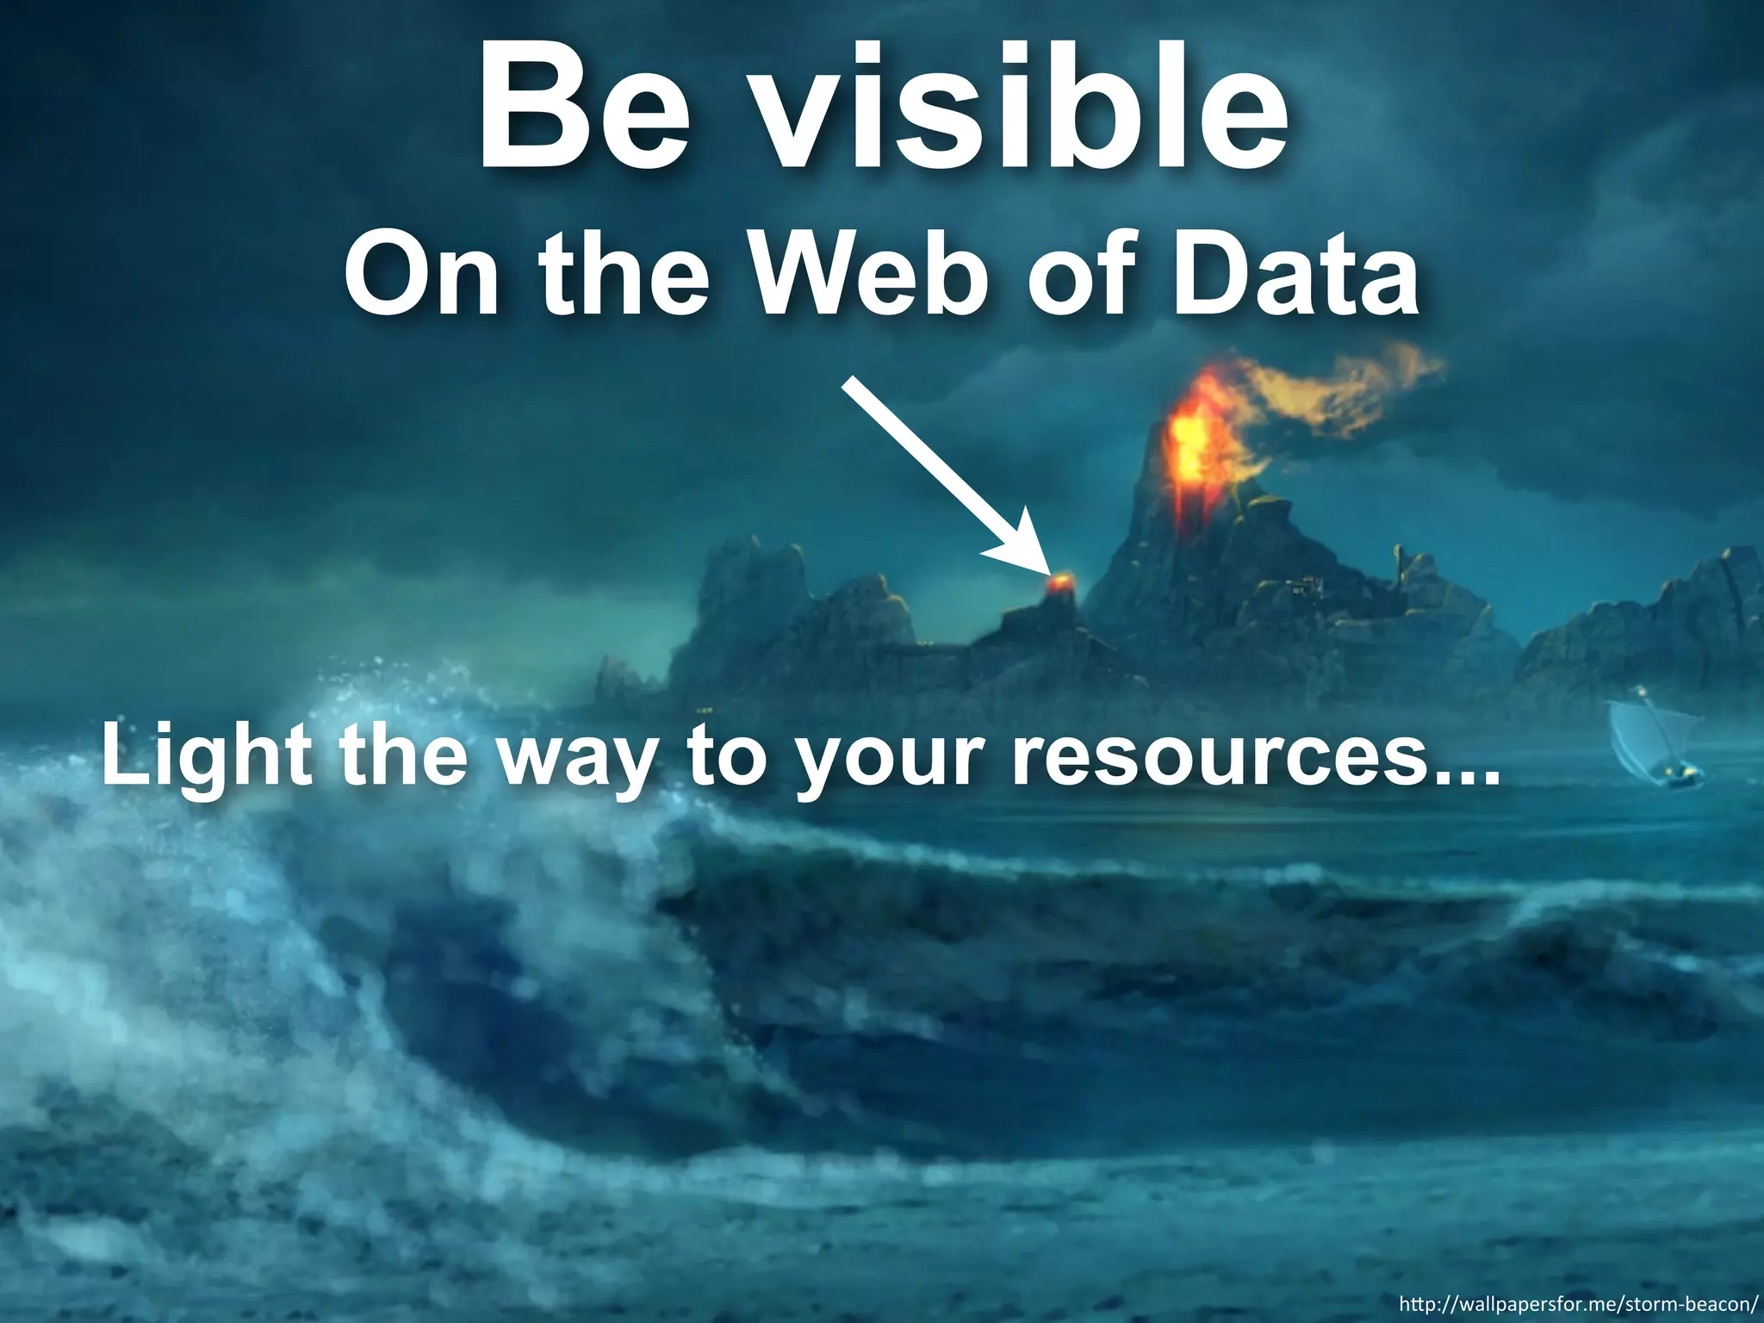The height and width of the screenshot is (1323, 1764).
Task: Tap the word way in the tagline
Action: point(586,762)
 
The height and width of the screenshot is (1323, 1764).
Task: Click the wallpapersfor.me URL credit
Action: point(1575,1302)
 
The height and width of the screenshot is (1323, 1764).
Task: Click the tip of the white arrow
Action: point(1047,572)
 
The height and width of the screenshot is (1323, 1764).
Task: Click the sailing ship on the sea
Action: point(1649,745)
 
